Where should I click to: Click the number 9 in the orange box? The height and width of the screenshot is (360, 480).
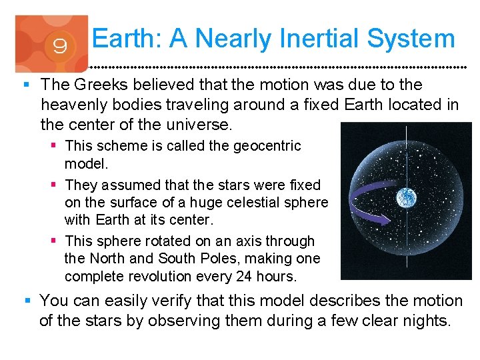59,47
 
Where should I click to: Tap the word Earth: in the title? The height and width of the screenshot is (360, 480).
127,39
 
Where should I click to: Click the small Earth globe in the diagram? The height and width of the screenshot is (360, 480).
406,197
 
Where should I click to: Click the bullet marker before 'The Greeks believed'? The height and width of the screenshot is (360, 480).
25,85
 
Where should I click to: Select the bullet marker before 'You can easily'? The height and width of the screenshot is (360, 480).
25,301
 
